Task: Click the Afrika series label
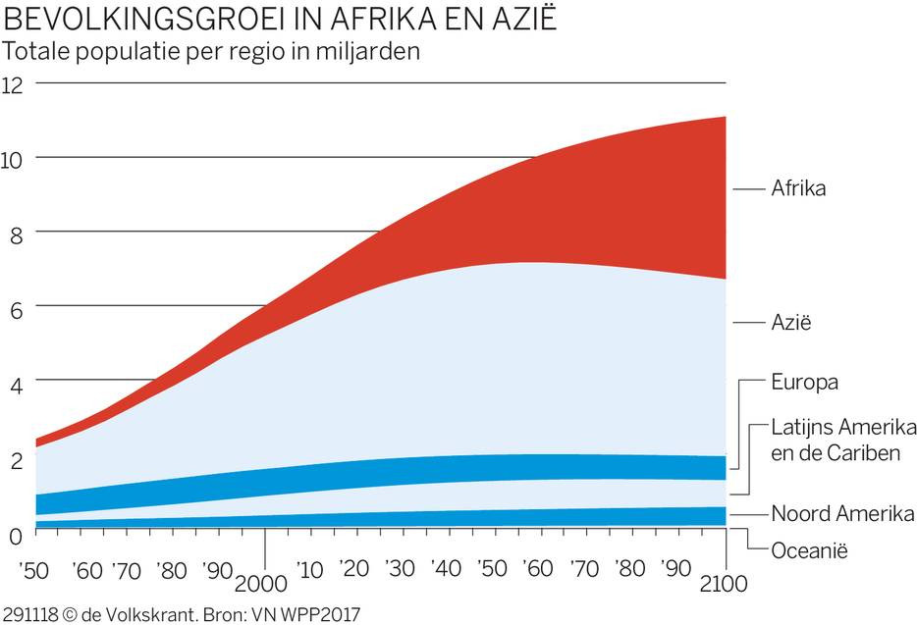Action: (x=798, y=187)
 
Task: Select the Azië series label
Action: (x=791, y=322)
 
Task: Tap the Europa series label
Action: (x=804, y=382)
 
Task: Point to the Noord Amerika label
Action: (x=842, y=513)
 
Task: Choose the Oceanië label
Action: (x=809, y=550)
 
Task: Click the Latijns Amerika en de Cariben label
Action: (x=842, y=441)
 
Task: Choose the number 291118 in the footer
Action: (x=28, y=615)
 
